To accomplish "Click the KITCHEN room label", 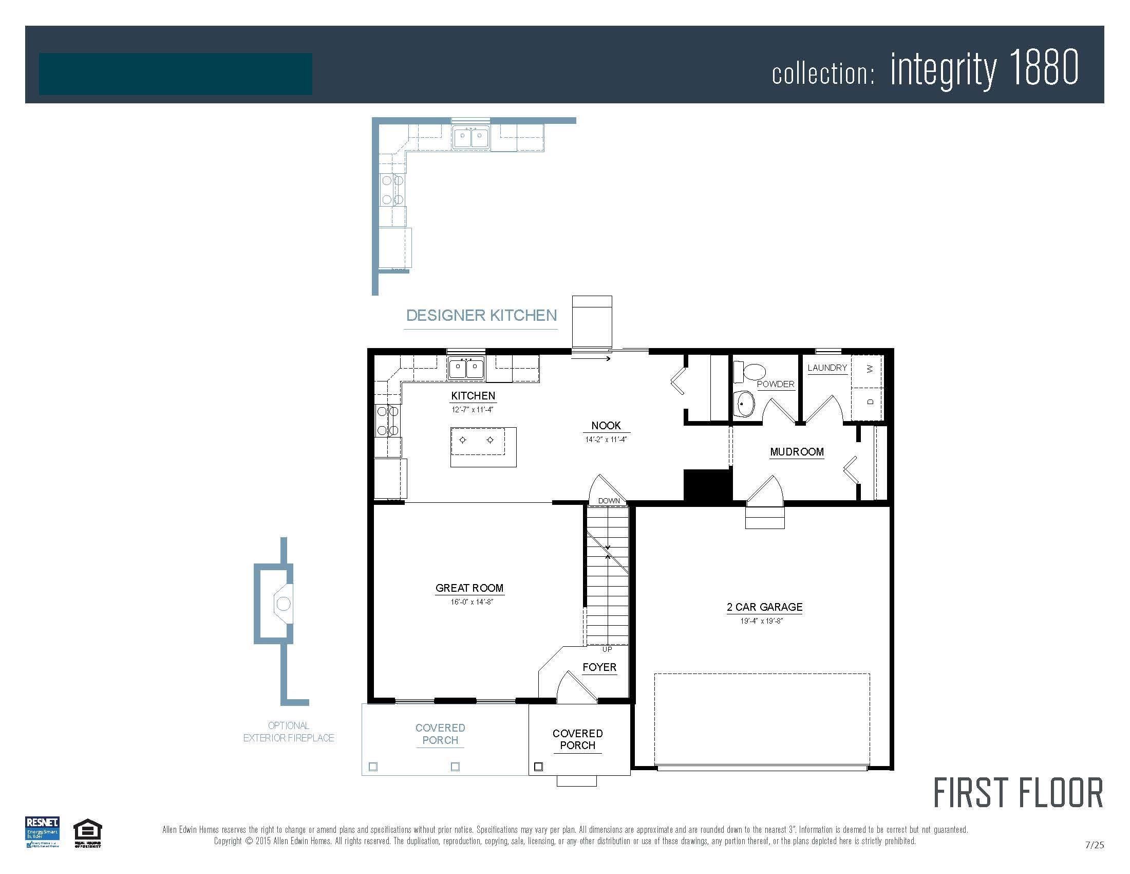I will tap(473, 395).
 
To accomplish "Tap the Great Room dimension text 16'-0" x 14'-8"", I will tap(472, 602).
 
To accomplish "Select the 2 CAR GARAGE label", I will tap(764, 607).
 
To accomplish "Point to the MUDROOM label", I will tap(796, 451).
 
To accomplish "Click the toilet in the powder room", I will tap(750, 371).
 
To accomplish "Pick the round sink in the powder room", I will tap(745, 403).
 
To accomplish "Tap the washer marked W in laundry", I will tap(869, 369).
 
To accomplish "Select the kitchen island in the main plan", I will tap(483, 446).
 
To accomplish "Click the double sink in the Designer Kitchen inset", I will tap(470, 137).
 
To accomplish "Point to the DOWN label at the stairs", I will tap(609, 501).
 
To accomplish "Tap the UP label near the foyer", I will tap(607, 649).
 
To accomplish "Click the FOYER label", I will tap(599, 667).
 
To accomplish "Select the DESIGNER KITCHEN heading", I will tap(481, 315).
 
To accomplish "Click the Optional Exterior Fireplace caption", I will tap(289, 732).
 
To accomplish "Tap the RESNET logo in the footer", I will tap(42, 831).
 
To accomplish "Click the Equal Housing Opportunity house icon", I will tap(87, 831).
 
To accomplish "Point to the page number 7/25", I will tap(1094, 845).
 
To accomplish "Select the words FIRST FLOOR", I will tap(1018, 793).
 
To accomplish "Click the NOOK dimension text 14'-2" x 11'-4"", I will tap(606, 440).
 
